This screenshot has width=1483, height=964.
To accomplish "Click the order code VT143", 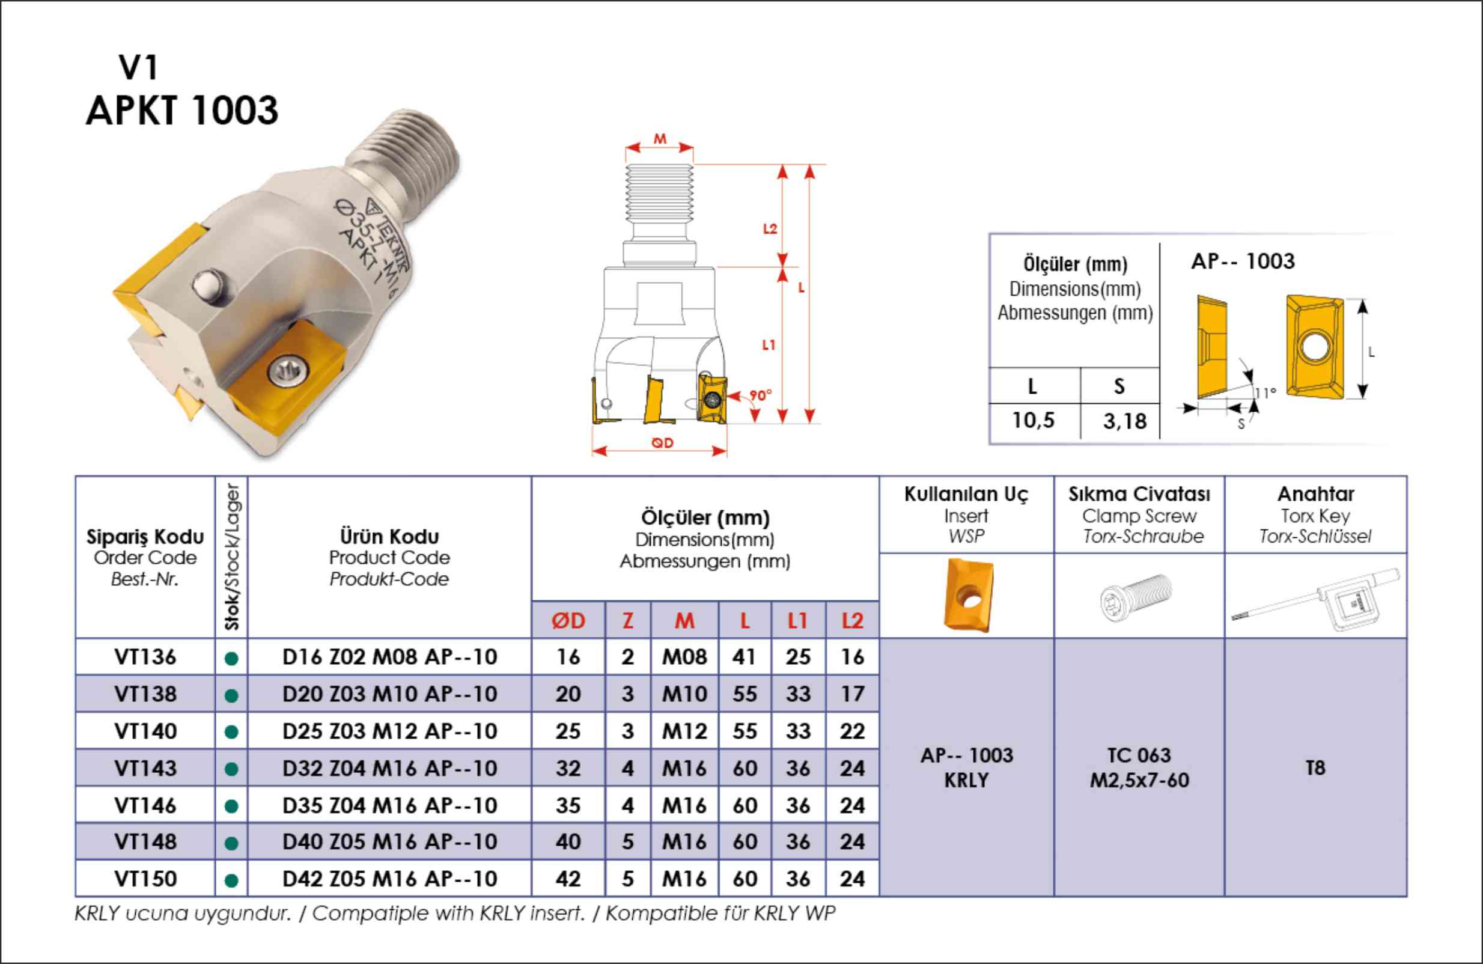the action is click(x=145, y=768).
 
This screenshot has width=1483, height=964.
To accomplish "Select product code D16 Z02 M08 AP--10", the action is click(x=389, y=657).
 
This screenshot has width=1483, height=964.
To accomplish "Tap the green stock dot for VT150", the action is click(x=231, y=880).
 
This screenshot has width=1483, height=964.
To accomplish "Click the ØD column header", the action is click(x=568, y=621).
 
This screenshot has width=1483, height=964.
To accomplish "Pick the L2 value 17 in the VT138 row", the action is click(x=852, y=694).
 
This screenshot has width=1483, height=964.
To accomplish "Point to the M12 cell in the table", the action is click(x=684, y=731).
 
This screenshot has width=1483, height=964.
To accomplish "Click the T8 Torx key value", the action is click(x=1315, y=767).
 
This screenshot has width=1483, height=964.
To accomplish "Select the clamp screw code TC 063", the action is click(x=1139, y=755).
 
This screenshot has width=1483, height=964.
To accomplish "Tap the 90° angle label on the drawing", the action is click(x=760, y=395).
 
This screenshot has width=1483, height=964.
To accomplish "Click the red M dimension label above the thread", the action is click(x=660, y=138).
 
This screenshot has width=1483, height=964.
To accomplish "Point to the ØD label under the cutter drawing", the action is click(x=662, y=442).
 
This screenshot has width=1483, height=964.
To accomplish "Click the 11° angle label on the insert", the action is click(x=1265, y=392).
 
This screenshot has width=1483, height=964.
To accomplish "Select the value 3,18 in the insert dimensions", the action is click(x=1125, y=422).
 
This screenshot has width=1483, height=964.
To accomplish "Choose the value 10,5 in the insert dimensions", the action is click(x=1033, y=421).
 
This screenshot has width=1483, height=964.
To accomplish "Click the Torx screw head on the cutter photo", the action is click(x=288, y=372).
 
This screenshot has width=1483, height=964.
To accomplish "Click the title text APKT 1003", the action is click(x=182, y=111).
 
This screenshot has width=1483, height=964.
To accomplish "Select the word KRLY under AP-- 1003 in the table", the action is click(x=966, y=780).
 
